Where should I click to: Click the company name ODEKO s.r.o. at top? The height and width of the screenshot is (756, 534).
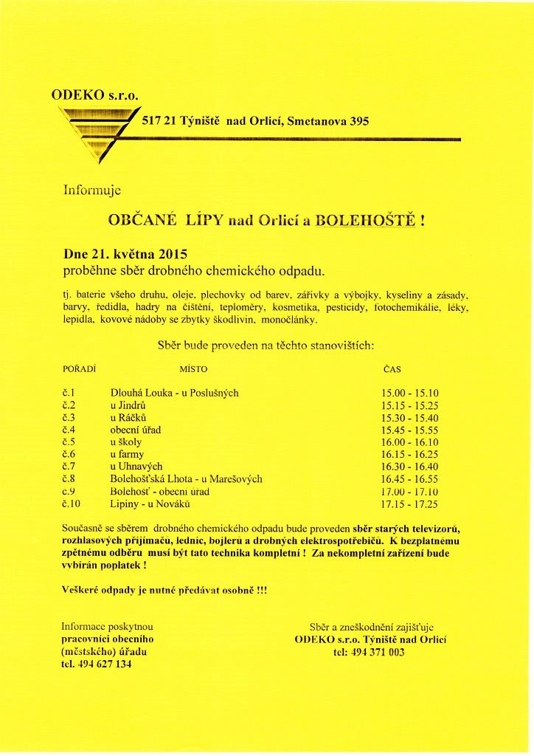(x=95, y=94)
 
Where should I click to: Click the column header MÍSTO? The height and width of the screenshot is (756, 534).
(x=194, y=367)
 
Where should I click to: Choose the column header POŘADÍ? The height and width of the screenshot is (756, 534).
(x=81, y=367)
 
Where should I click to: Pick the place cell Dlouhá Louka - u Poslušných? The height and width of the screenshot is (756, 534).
(x=174, y=394)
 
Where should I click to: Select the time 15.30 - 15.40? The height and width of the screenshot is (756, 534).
(x=409, y=418)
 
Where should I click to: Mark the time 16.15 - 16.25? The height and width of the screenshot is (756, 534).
(x=409, y=454)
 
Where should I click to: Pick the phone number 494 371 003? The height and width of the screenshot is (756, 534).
(x=369, y=652)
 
